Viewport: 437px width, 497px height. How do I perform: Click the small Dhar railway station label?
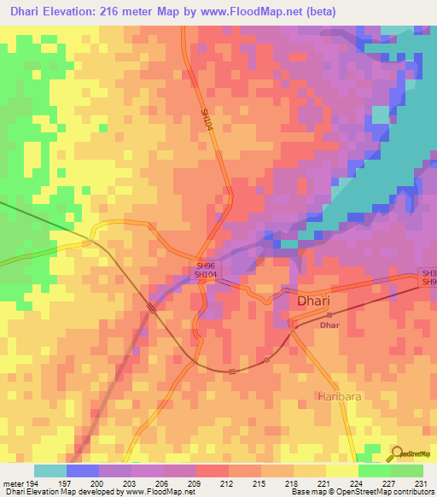click(329, 326)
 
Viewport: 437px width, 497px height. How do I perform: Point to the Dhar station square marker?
click(329, 315)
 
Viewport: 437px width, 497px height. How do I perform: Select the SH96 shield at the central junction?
click(205, 266)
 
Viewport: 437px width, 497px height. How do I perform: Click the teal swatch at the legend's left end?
click(50, 471)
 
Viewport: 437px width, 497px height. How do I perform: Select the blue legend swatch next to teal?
click(83, 471)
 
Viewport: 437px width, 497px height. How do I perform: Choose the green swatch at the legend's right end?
click(407, 471)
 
